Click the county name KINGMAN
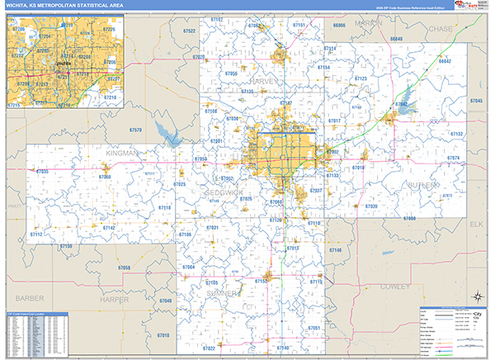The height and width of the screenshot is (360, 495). [122, 154]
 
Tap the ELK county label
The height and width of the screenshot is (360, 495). [475, 224]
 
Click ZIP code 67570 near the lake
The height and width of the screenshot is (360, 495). [135, 130]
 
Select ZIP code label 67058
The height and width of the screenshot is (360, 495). [124, 268]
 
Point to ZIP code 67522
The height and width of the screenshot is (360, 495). [189, 31]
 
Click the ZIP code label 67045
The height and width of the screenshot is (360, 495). [475, 100]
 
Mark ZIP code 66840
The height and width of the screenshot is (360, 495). [397, 39]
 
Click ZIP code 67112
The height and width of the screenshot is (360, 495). [36, 234]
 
